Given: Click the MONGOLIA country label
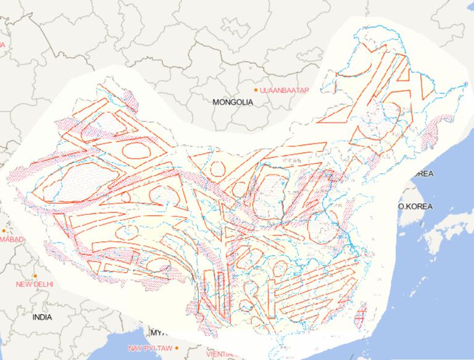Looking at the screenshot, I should coord(233,103).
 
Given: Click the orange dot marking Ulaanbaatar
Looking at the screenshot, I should coord(256,90).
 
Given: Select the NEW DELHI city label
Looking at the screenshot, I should coord(35,285).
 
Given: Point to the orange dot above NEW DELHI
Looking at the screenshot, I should coord(36,275).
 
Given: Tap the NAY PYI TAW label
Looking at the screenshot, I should coord(150,348).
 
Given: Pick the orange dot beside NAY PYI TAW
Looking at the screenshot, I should coord(177,348).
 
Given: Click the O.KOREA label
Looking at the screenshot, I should coord(415,206).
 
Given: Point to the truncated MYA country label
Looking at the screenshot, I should coord(159,330).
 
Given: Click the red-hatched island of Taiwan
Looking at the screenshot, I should coord(360,315).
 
